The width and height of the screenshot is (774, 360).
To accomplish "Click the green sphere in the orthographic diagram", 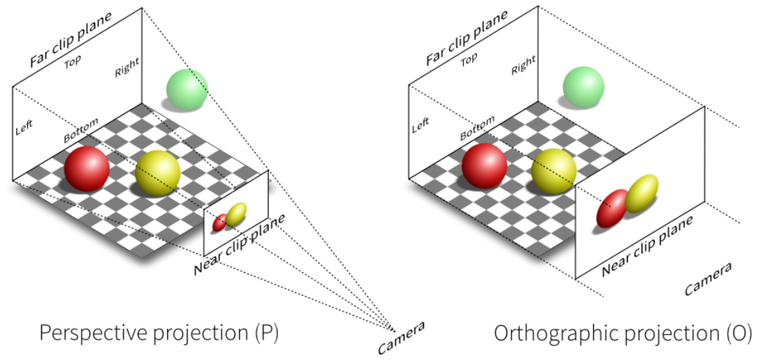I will [x=583, y=89].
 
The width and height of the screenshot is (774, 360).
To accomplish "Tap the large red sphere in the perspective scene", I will [x=87, y=169].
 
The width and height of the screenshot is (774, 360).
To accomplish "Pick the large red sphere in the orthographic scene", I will [x=484, y=166].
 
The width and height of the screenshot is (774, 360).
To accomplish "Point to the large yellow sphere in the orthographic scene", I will [x=553, y=170].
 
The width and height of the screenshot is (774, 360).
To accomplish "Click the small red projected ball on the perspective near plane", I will [x=219, y=223].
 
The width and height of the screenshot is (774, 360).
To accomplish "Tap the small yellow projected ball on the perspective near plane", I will [x=236, y=213].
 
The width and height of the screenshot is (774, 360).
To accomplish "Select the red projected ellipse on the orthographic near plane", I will [x=612, y=208].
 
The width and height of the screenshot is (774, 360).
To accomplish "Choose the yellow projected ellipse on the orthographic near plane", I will [x=642, y=193].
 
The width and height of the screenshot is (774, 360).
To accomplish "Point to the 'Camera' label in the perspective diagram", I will [x=402, y=338].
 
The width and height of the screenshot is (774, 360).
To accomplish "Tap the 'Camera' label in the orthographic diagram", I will [x=707, y=279].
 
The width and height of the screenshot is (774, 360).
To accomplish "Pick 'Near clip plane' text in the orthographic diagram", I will [x=647, y=245].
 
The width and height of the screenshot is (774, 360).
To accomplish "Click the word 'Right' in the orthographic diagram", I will [x=523, y=65].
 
